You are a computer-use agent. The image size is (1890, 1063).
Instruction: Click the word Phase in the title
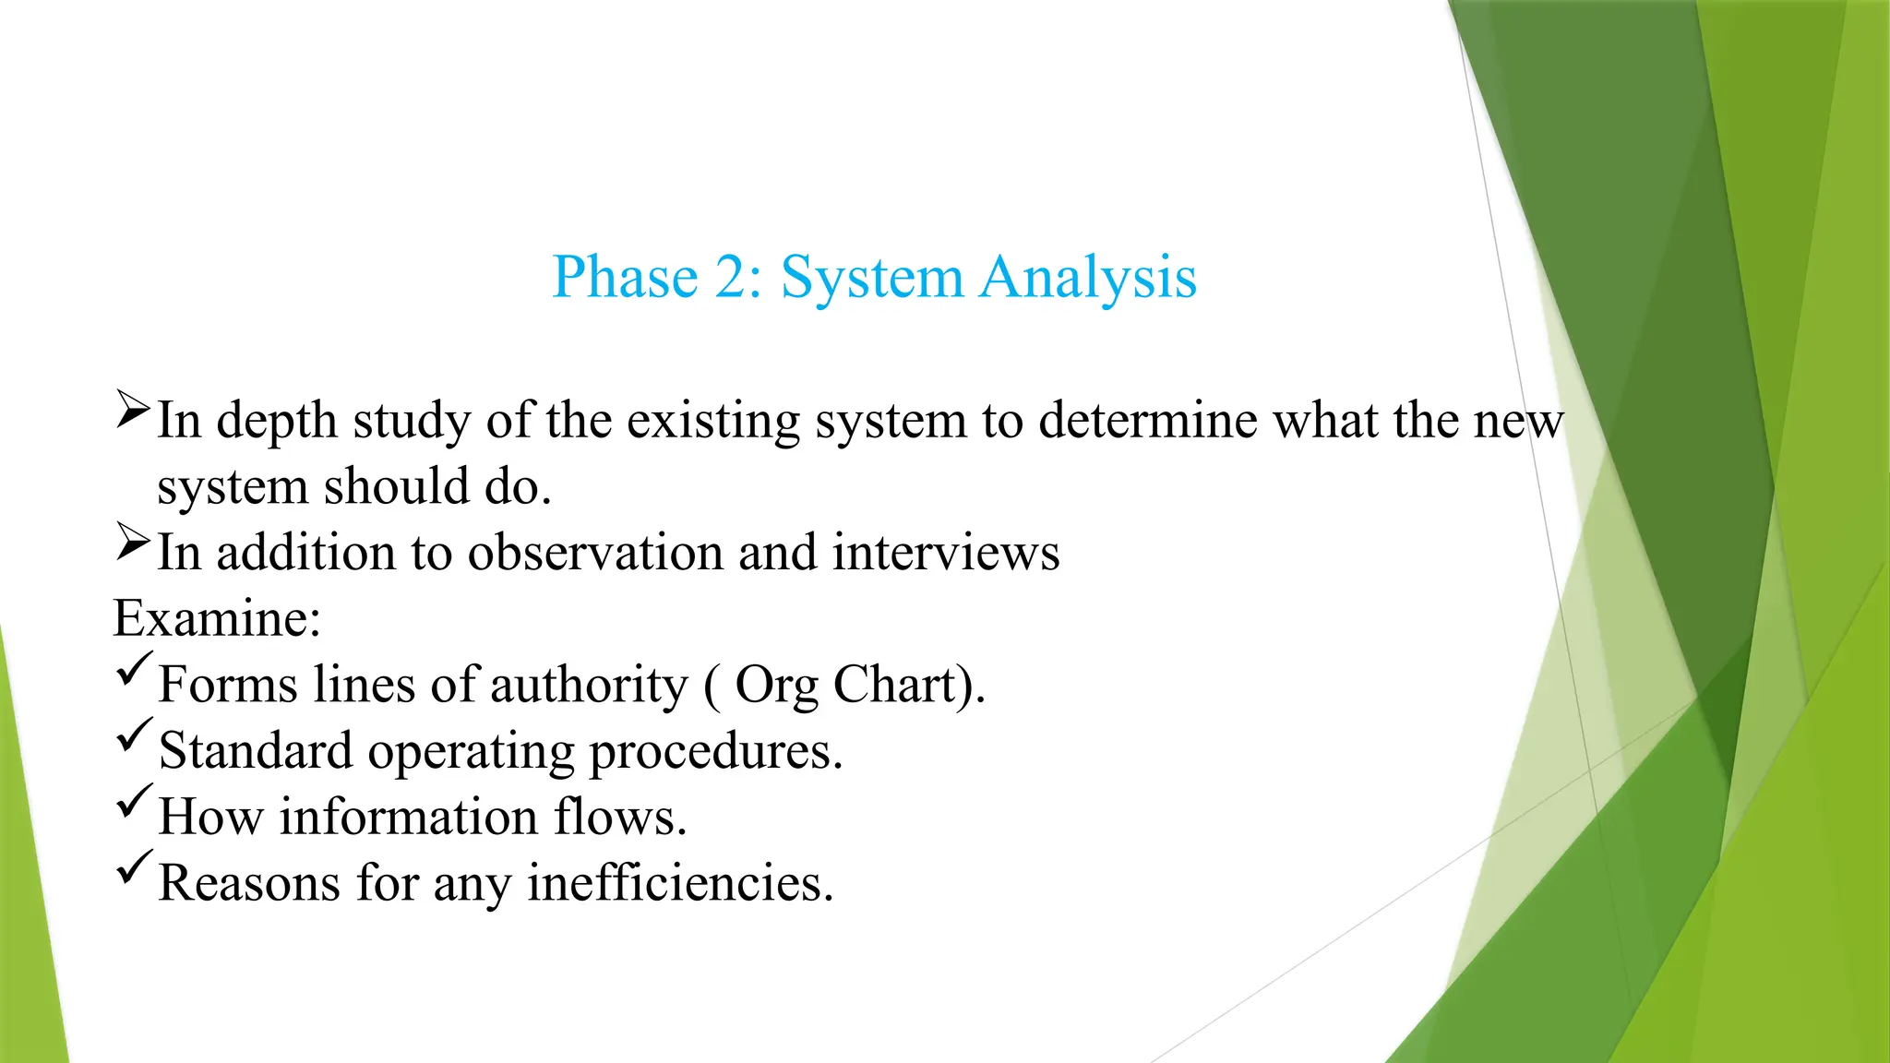pyautogui.click(x=625, y=277)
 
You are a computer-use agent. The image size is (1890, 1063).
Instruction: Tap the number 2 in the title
pyautogui.click(x=735, y=277)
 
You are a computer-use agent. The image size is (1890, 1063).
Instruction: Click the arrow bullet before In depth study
pyautogui.click(x=133, y=410)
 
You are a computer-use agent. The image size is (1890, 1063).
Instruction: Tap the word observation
pyautogui.click(x=595, y=553)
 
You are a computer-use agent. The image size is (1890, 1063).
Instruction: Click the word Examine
pyautogui.click(x=216, y=618)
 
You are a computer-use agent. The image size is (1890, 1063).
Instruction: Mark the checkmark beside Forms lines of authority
pyautogui.click(x=134, y=670)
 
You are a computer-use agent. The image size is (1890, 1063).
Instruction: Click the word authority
pyautogui.click(x=589, y=685)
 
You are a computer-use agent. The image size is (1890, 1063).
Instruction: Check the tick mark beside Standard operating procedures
pyautogui.click(x=134, y=736)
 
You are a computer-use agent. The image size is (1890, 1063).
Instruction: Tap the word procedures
pyautogui.click(x=715, y=751)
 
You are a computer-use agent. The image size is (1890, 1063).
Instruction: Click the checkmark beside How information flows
pyautogui.click(x=134, y=802)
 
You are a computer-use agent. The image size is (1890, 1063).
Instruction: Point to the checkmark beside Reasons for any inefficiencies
pyautogui.click(x=134, y=868)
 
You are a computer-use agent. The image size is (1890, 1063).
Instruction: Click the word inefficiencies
pyautogui.click(x=679, y=883)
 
